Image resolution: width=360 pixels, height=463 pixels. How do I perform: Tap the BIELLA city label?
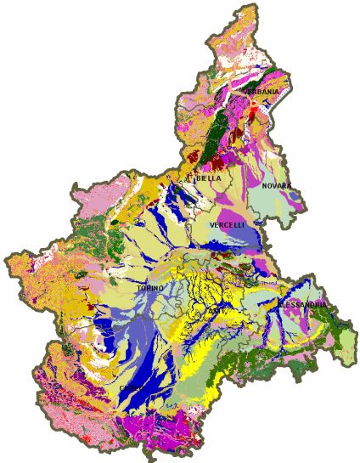(209, 178)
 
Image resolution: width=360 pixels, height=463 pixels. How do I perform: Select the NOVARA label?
(277, 185)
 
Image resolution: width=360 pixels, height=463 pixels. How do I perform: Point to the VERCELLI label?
(228, 224)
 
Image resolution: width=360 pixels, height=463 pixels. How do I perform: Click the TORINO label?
(149, 289)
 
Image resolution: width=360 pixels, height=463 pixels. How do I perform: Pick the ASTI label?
(217, 311)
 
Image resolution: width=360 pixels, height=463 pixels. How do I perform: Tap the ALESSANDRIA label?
(301, 304)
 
